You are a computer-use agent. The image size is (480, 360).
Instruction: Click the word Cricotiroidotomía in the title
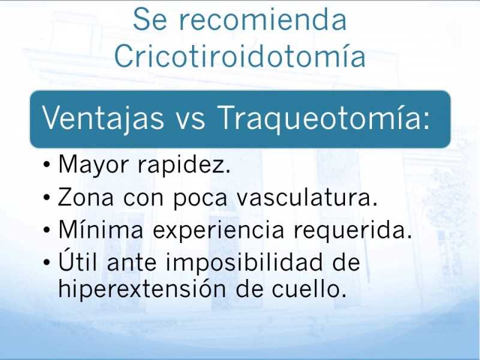coord(240,56)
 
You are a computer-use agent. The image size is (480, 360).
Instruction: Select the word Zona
coord(85,197)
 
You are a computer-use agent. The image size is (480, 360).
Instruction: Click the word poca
coord(200,199)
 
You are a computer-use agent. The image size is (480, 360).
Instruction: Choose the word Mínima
coord(101,229)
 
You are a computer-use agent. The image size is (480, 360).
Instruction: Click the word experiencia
coord(218,231)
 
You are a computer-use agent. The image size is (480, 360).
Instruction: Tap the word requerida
coord(353,230)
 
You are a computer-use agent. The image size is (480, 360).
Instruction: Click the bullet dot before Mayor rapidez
coord(47,166)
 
